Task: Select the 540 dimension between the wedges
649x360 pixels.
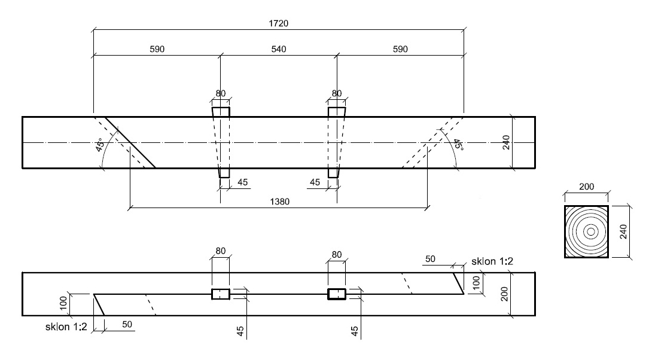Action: (279, 50)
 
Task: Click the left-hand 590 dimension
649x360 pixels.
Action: (157, 50)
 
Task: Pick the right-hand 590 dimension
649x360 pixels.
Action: (400, 50)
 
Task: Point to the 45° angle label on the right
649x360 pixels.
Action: (457, 144)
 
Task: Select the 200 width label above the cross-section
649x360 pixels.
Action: (586, 187)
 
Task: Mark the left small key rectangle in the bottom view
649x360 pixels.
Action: (221, 294)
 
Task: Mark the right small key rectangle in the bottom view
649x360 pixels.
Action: (337, 294)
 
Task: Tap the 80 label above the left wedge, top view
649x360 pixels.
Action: (221, 93)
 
